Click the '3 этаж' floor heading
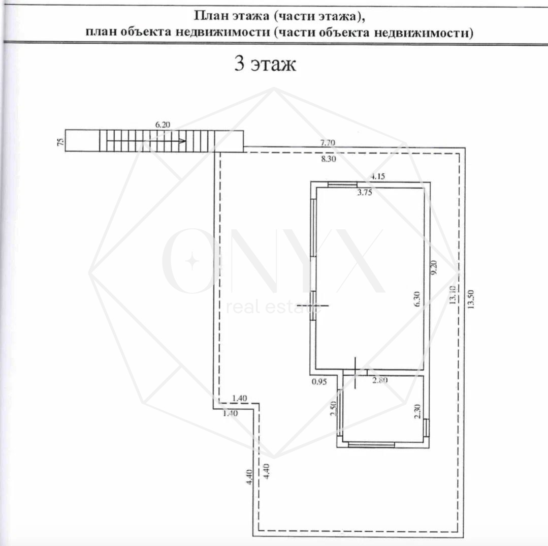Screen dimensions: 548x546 tap(265, 64)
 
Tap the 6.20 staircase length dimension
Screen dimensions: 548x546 tap(163, 125)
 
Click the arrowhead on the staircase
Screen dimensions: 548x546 tap(182, 141)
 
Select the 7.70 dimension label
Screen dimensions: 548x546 tap(328, 142)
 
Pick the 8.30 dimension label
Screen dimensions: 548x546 tap(329, 159)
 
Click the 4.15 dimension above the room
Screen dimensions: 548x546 tap(378, 176)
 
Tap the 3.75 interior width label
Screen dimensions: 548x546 tap(365, 192)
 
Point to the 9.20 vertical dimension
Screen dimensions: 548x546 tap(434, 268)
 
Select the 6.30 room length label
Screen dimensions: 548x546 tap(417, 299)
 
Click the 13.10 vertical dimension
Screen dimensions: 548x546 tap(453, 294)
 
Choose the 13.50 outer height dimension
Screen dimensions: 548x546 tap(471, 299)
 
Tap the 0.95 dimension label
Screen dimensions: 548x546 tap(319, 381)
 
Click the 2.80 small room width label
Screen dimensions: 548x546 tap(380, 380)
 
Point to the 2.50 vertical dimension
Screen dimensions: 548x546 tap(333, 408)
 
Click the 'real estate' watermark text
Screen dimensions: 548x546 tap(274, 307)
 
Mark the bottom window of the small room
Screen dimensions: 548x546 tap(371, 444)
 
